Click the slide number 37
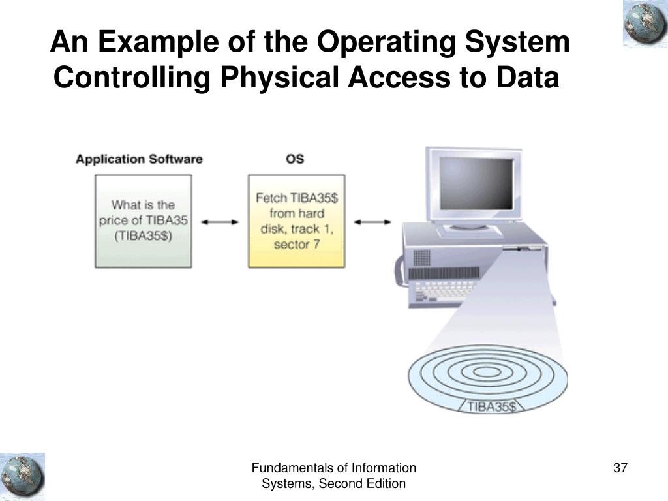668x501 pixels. [620, 468]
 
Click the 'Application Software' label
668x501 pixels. [139, 159]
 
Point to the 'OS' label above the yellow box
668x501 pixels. [295, 159]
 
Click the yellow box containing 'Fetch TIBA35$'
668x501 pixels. [296, 220]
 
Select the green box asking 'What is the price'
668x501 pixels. [144, 220]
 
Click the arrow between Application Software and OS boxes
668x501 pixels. [220, 222]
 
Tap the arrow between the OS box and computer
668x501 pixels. [372, 222]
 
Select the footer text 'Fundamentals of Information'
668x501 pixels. [334, 468]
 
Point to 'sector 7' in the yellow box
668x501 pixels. [296, 245]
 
